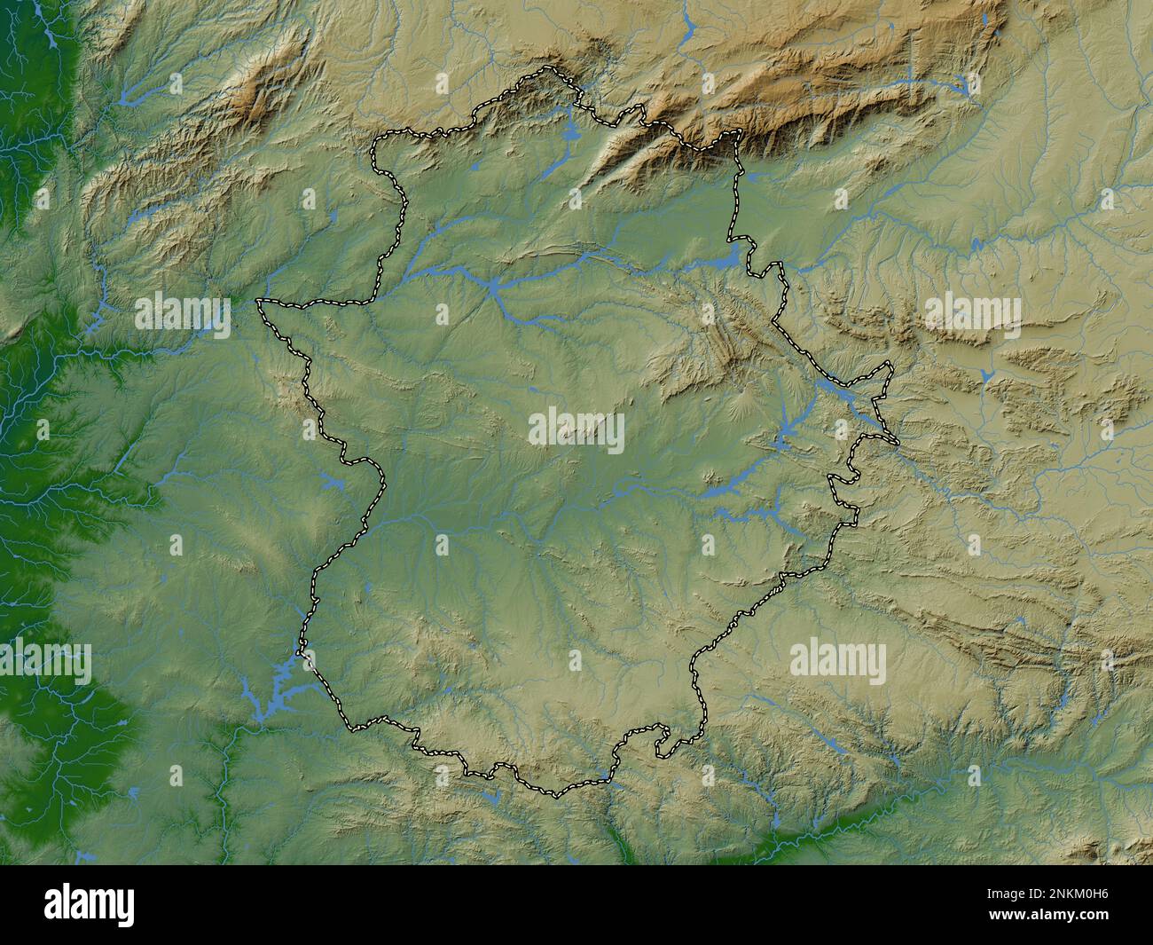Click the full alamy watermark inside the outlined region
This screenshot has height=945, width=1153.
coord(576,429)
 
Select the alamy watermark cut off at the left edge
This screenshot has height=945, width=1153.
coord(44,661)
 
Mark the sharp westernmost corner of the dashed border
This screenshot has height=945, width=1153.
coord(258,302)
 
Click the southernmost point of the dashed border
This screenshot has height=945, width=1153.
coord(555,793)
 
